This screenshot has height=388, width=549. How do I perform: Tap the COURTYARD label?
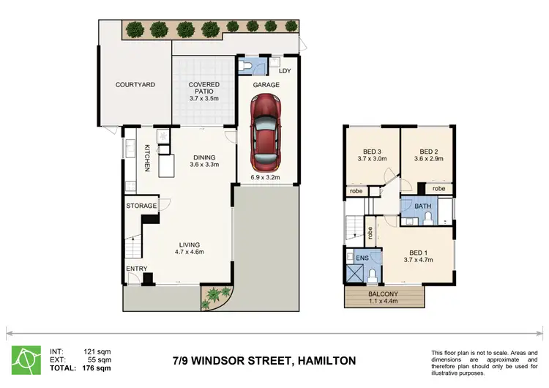pos(135,85)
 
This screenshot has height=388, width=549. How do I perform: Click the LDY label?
pos(285,72)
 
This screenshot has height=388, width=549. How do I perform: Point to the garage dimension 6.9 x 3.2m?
pos(266,176)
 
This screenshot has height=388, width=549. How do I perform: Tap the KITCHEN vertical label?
pos(147,158)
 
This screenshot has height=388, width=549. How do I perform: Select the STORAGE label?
pos(141,206)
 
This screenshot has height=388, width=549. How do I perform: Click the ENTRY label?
pos(136,269)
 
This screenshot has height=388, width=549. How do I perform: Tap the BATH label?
pos(422,207)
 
